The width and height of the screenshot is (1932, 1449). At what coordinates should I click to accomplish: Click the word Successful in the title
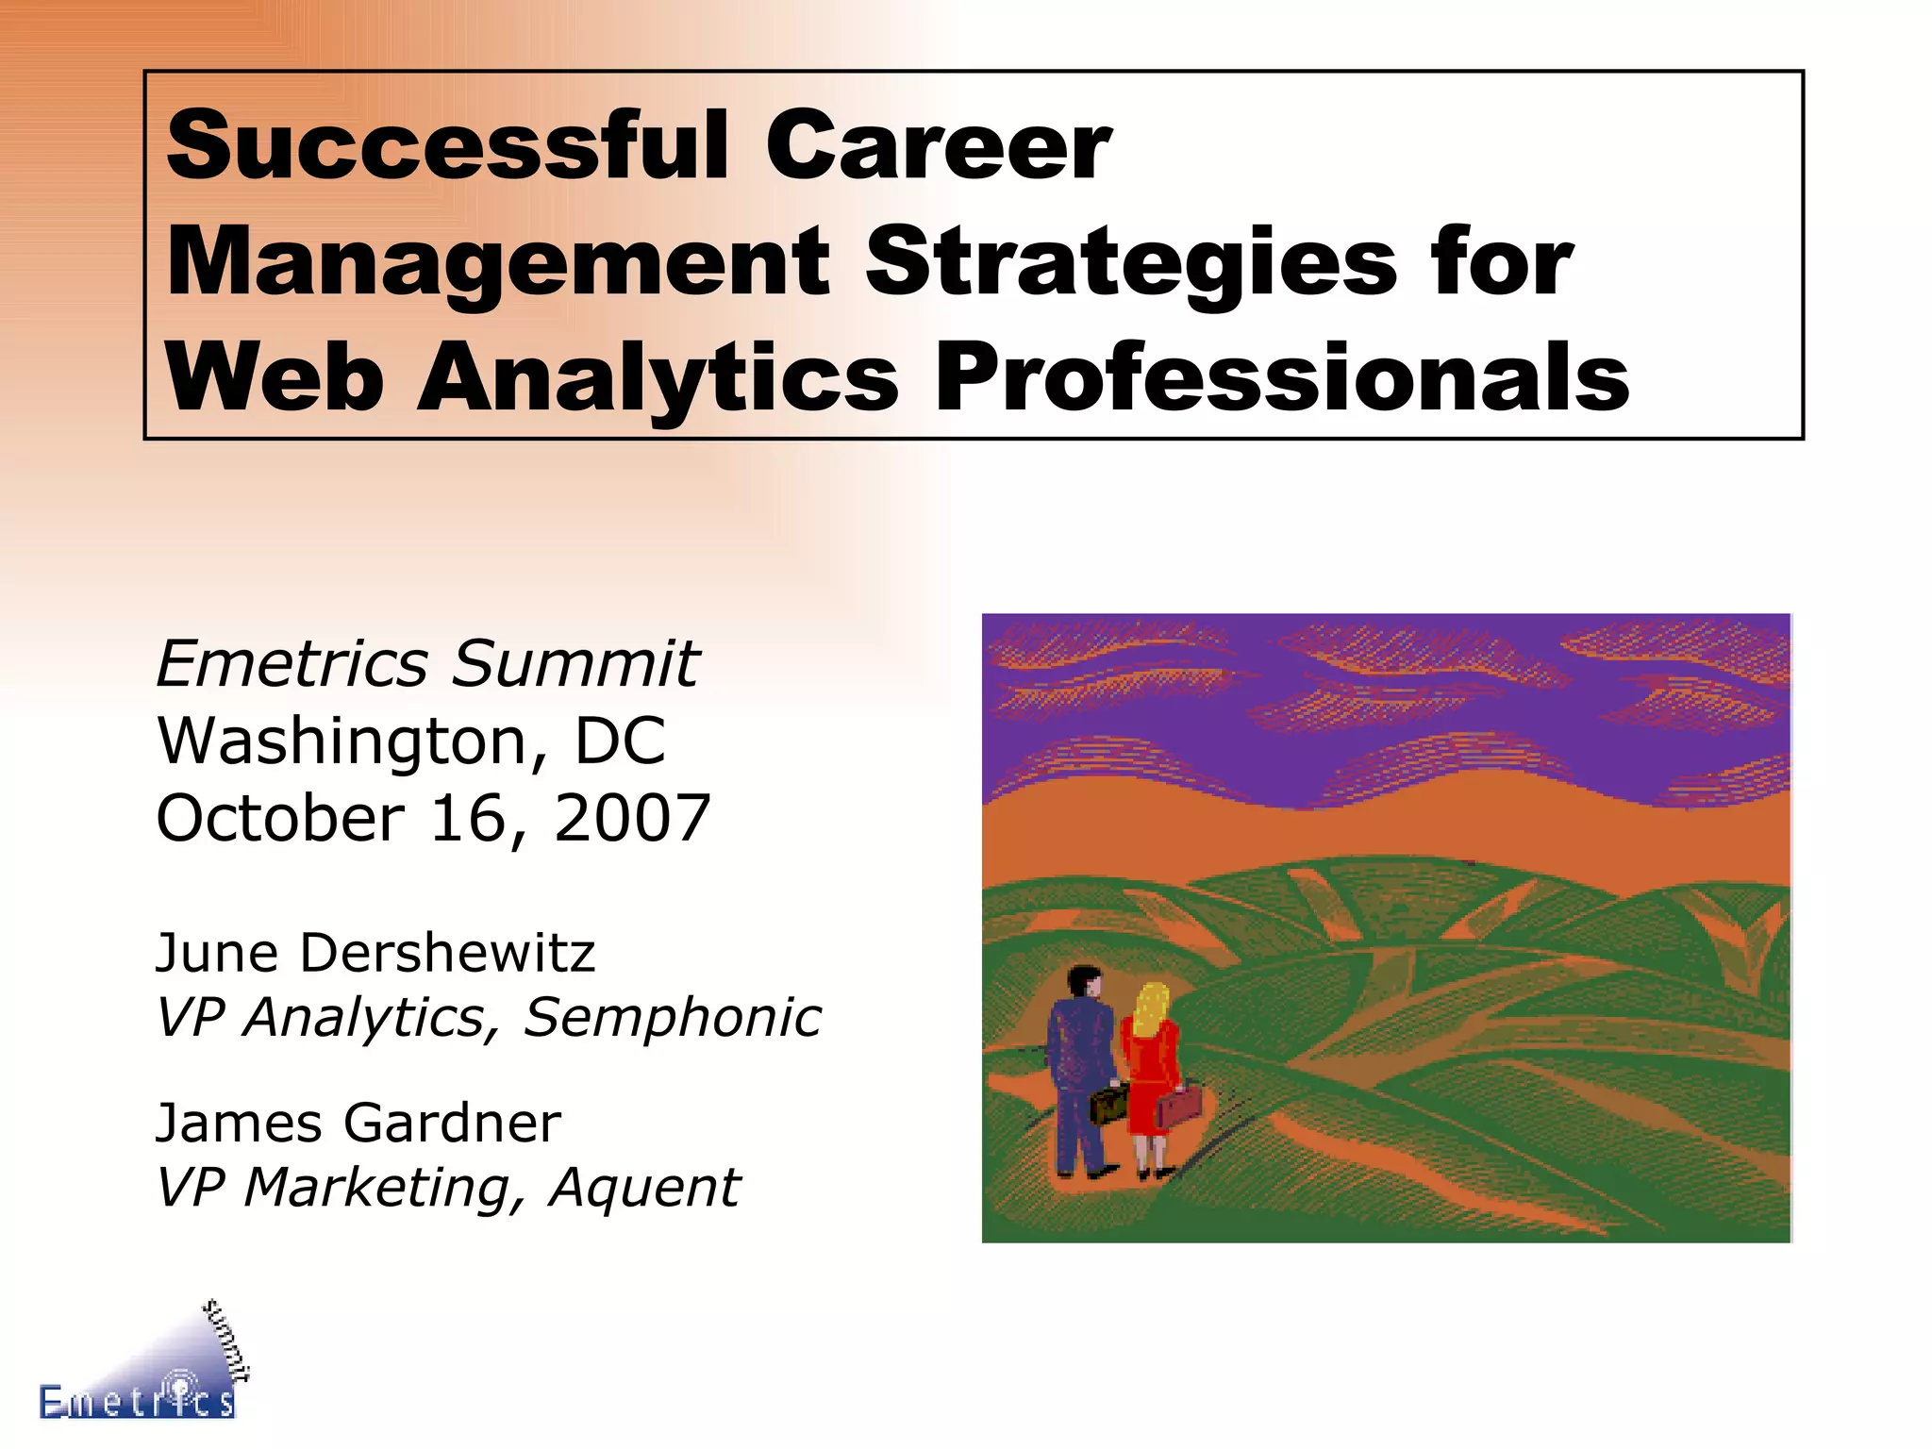click(x=447, y=145)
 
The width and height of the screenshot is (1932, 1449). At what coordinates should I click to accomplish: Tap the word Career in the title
click(x=938, y=145)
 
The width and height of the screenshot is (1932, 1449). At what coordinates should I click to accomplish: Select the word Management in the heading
click(x=498, y=262)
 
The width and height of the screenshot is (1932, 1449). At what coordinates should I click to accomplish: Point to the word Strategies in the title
click(x=1131, y=262)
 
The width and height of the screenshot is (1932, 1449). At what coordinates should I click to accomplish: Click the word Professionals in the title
click(x=1282, y=378)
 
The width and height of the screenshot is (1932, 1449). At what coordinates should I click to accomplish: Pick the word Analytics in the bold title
click(x=658, y=378)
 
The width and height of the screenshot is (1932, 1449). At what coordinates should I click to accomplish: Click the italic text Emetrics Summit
click(x=427, y=663)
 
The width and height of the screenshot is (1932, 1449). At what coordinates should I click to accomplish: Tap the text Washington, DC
click(x=411, y=741)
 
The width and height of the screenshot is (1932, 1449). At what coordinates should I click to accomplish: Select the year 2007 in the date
click(x=632, y=818)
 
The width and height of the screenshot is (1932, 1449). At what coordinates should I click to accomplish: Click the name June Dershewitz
click(x=375, y=953)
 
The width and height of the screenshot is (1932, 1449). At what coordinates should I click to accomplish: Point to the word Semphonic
click(x=673, y=1018)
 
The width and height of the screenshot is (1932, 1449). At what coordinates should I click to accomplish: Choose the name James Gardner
click(x=358, y=1123)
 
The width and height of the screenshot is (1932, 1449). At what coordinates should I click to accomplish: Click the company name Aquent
click(x=645, y=1187)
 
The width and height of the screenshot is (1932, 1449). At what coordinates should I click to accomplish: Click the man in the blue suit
click(x=1080, y=1066)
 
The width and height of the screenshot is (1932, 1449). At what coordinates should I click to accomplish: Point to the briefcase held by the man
click(x=1108, y=1104)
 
